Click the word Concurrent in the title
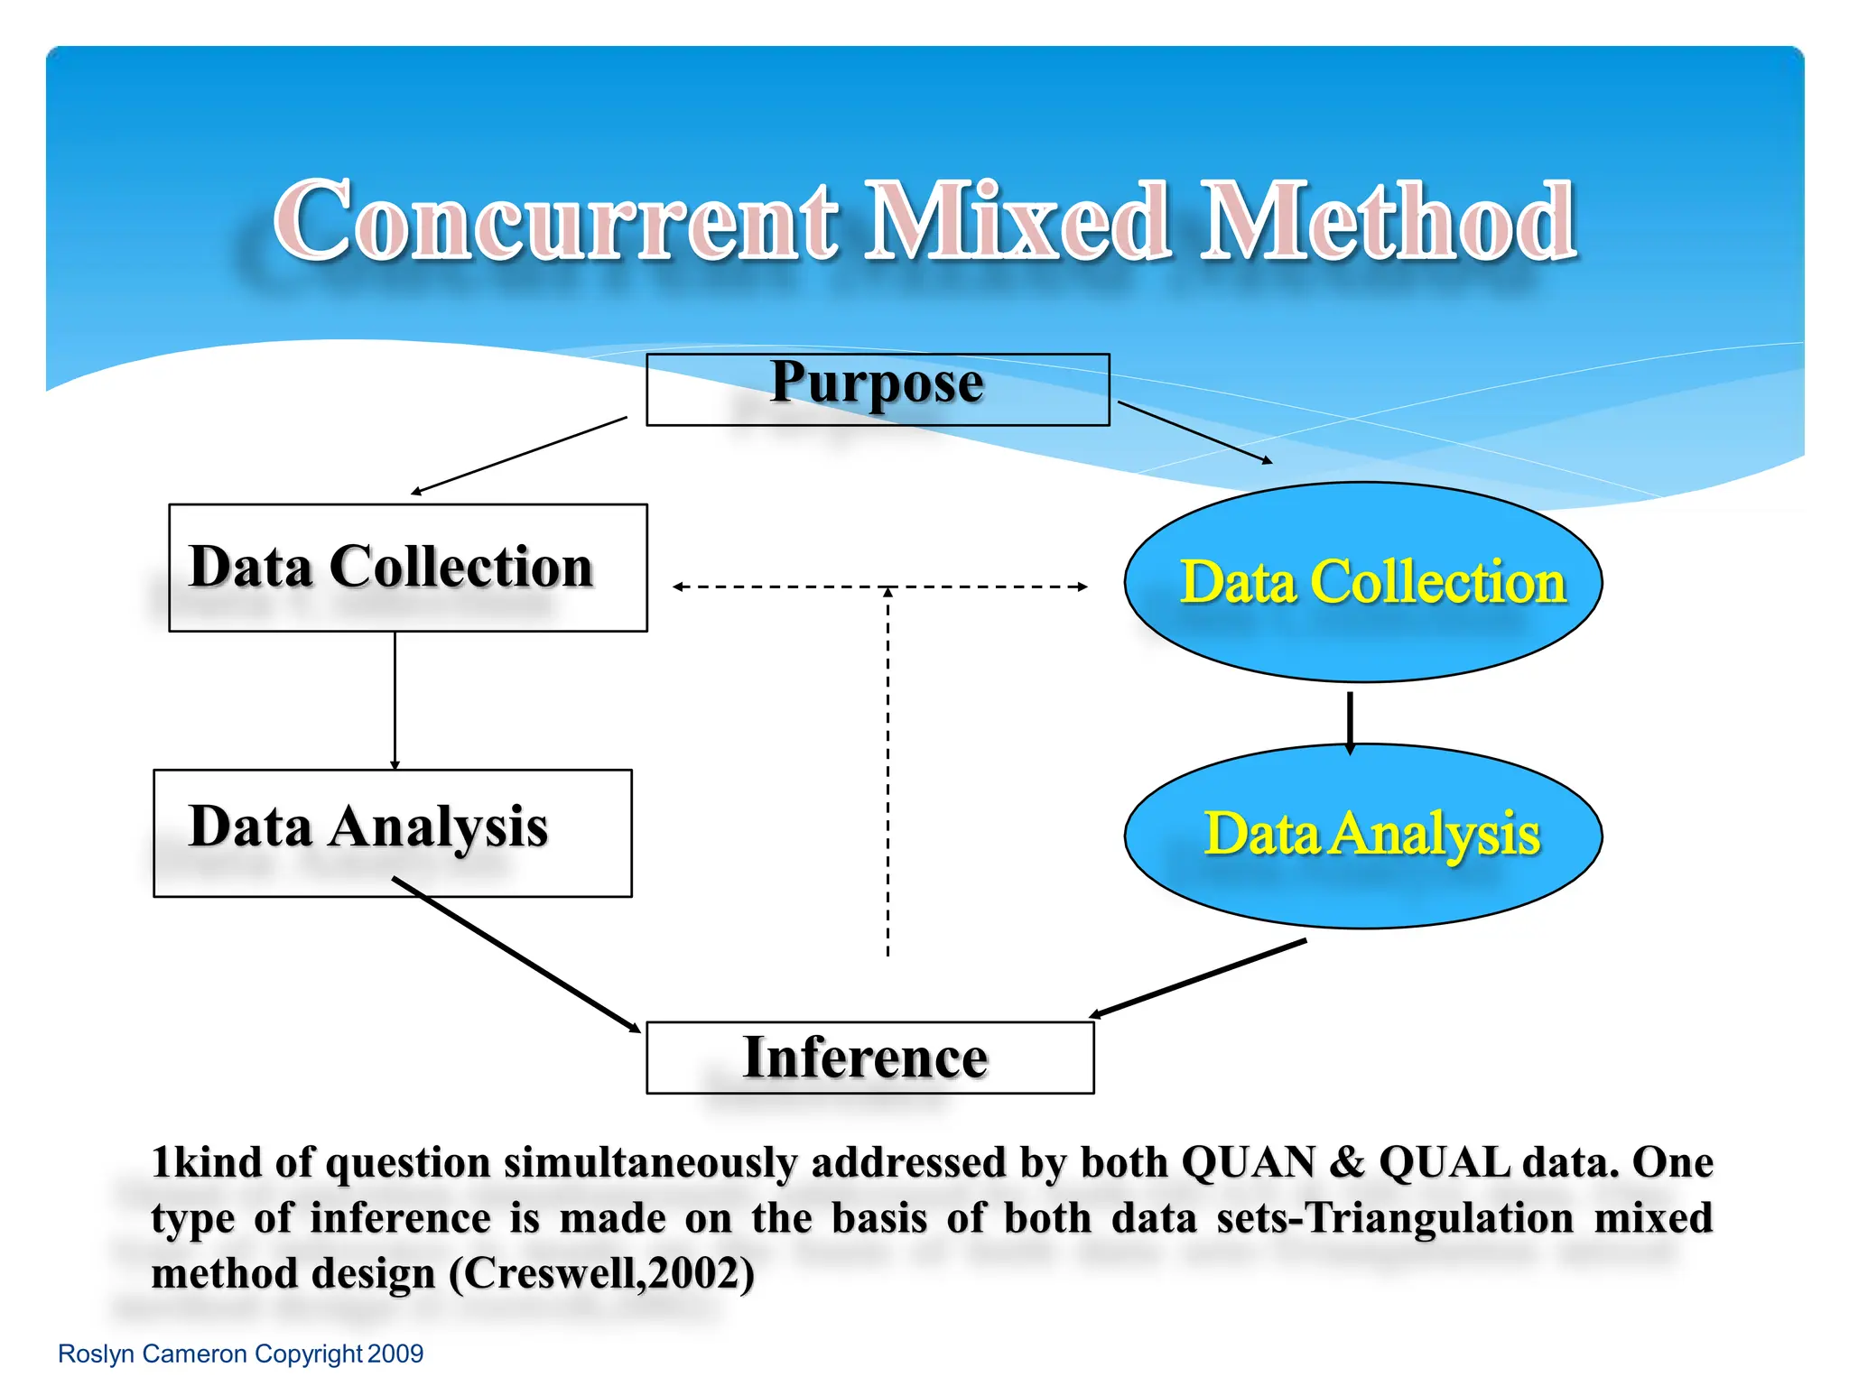coord(555,221)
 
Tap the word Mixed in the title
coord(1018,221)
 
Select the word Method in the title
coord(1389,221)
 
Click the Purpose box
coord(878,389)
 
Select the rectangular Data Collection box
coord(407,568)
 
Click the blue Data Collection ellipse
coord(1362,582)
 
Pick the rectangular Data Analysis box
coord(392,832)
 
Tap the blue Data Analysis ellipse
coord(1362,836)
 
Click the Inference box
coord(869,1057)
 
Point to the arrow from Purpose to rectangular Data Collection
coord(519,456)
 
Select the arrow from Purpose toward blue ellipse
coord(1194,432)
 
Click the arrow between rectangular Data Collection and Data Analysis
coord(395,699)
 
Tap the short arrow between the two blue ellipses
coord(1350,722)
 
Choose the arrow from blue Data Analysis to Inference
coord(1198,978)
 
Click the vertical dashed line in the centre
coord(887,776)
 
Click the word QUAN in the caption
coord(1248,1162)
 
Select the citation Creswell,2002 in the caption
coord(601,1274)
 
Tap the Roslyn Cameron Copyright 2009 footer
coord(240,1354)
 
